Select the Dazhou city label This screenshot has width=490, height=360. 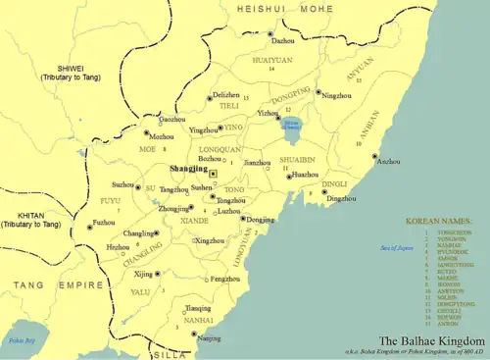(282, 41)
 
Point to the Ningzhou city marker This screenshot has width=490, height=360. (318, 92)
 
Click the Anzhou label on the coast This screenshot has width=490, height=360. (388, 161)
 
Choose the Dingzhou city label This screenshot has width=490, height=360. (341, 199)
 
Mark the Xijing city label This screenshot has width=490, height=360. (143, 274)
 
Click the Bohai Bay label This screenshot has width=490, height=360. (16, 340)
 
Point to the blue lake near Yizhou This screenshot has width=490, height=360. (291, 125)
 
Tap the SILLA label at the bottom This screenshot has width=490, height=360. (171, 355)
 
